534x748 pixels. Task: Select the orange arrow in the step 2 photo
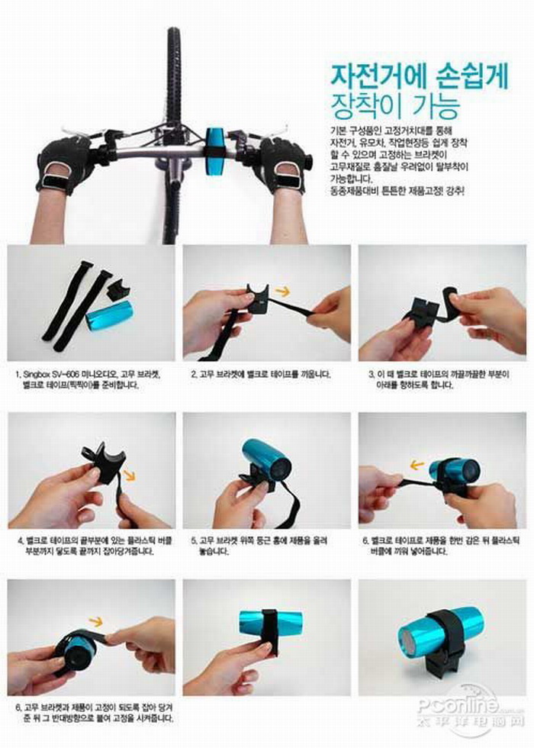click(281, 291)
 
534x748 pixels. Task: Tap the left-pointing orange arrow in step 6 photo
click(417, 463)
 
